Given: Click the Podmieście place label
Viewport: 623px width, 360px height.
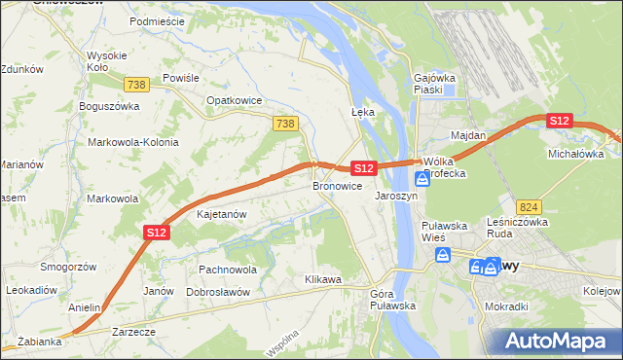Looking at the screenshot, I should (x=157, y=20).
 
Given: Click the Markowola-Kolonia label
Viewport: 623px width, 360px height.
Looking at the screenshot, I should (x=133, y=142).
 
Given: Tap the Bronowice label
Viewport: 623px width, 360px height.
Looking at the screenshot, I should (x=337, y=185).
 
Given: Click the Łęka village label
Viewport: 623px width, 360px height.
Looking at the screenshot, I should (x=362, y=112).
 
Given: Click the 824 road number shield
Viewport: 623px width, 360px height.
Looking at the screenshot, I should (x=530, y=207).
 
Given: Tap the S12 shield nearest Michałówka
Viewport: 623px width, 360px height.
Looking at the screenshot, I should (x=559, y=121).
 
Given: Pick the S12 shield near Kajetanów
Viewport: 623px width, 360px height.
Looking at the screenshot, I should (x=157, y=233).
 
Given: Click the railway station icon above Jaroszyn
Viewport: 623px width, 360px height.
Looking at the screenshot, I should (x=421, y=179).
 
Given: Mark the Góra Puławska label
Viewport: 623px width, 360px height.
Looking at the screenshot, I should (x=393, y=300).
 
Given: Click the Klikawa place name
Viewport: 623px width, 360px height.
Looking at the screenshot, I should (x=323, y=280).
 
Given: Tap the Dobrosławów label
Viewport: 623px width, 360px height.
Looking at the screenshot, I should (x=219, y=292).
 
